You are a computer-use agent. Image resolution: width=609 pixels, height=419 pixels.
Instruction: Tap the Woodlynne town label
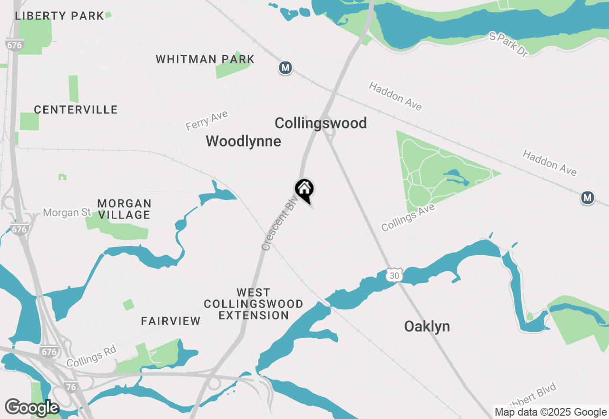pyautogui.click(x=243, y=141)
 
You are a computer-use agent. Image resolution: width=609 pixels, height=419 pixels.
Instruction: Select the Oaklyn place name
pyautogui.click(x=427, y=327)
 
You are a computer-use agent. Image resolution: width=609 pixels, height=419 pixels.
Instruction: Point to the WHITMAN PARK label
pyautogui.click(x=205, y=60)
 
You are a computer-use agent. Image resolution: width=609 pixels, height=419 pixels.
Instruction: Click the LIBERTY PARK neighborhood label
pyautogui.click(x=59, y=16)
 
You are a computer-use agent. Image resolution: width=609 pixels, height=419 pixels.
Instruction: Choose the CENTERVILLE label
pyautogui.click(x=76, y=110)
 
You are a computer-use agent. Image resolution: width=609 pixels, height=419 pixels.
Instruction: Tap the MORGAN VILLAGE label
pyautogui.click(x=124, y=209)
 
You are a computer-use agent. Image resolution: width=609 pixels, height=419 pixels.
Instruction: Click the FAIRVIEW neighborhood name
pyautogui.click(x=171, y=321)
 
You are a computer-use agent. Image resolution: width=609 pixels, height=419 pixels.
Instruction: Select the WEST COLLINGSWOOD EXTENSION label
pyautogui.click(x=254, y=304)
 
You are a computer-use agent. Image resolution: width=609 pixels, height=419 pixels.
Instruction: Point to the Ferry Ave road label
pyautogui.click(x=207, y=120)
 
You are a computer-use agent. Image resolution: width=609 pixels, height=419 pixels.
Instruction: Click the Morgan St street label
pyautogui.click(x=67, y=212)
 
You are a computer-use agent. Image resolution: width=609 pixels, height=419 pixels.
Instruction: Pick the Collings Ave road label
pyautogui.click(x=408, y=218)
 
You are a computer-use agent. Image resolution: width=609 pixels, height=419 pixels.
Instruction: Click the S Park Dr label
pyautogui.click(x=509, y=45)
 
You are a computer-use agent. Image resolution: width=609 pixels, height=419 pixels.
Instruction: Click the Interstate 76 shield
pyautogui.click(x=70, y=387)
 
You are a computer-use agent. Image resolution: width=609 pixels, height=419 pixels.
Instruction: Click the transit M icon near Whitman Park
pyautogui.click(x=285, y=68)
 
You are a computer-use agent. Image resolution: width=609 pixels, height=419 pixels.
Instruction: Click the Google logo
pyautogui.click(x=32, y=408)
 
